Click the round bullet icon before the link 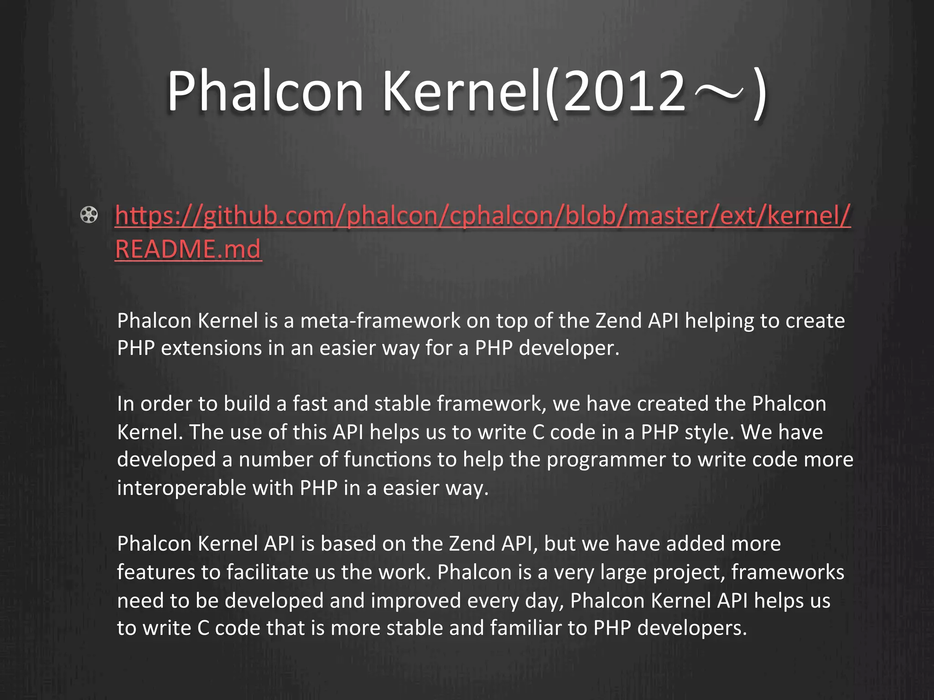pos(89,215)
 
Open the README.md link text pos(188,249)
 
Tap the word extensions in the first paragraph pos(211,348)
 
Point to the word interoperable pos(182,488)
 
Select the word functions pos(388,459)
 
